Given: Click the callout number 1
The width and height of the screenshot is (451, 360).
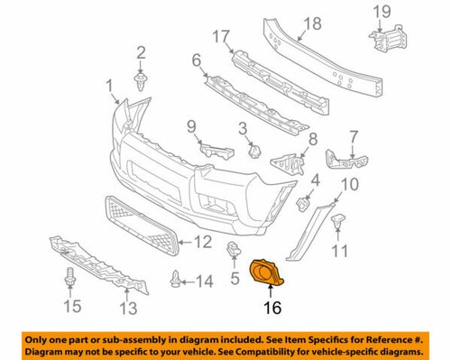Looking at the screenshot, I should tap(110, 87).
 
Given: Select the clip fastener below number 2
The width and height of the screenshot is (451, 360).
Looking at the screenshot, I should tap(142, 84).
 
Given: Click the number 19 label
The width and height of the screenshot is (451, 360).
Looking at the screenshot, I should tap(382, 12).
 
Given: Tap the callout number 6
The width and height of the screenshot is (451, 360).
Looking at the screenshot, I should tap(196, 61).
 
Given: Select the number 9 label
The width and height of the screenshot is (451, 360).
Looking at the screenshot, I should tap(191, 125).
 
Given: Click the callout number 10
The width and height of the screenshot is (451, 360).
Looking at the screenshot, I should tap(351, 186).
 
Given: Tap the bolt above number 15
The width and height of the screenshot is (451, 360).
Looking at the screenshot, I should tap(69, 277).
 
